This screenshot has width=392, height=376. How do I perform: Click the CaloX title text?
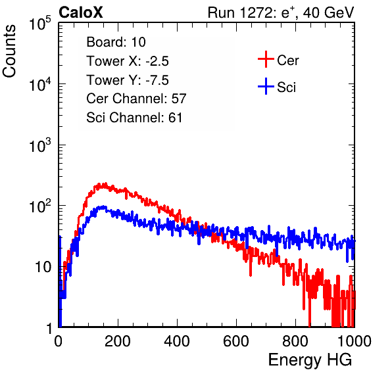coord(81,12)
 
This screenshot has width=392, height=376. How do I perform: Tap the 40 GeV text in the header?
coord(328,12)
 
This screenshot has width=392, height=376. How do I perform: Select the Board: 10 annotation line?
coord(116,42)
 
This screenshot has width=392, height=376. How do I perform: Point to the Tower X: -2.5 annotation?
coord(128,61)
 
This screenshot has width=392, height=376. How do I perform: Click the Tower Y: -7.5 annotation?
coord(128,80)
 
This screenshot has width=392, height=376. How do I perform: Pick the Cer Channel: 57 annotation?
coord(136,99)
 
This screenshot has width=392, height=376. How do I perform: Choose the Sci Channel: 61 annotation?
coord(134,118)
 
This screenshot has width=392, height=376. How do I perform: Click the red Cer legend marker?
coord(266,59)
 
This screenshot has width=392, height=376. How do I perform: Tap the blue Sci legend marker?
coord(266,87)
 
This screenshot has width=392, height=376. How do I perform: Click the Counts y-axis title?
coord(9,51)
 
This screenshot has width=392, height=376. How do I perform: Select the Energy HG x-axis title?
coord(310,360)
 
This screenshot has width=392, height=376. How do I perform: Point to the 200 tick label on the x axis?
coord(118,341)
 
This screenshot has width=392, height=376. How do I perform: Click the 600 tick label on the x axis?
coord(236,341)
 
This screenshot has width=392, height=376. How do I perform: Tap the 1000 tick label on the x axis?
coord(355,341)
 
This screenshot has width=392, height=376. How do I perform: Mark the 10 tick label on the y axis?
coord(43,267)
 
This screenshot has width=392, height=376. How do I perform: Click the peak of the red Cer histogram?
coord(105,183)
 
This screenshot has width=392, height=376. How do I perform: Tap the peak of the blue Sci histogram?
coord(103,207)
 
